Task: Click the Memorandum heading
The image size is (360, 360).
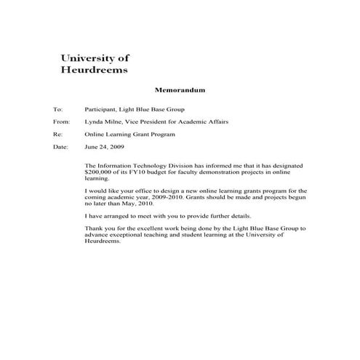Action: (x=180, y=91)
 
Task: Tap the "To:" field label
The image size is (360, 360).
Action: (x=58, y=109)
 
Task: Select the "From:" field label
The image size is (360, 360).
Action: (x=61, y=122)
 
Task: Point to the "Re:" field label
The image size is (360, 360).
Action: (x=58, y=135)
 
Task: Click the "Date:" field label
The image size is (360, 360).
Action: (x=60, y=148)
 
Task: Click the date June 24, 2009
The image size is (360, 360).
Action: (x=105, y=148)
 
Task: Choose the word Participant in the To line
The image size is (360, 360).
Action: (x=101, y=109)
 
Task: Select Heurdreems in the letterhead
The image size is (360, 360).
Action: (x=92, y=71)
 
